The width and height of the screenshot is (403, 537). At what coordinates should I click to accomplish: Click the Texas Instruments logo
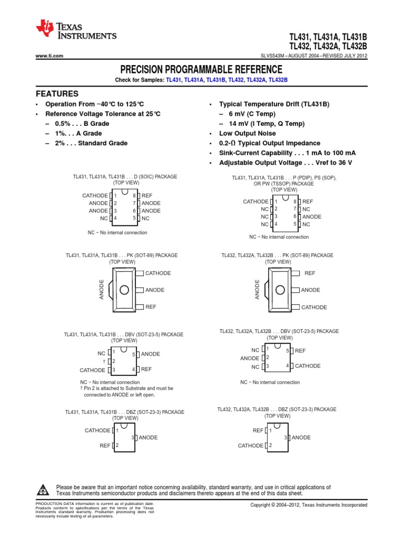point(76,31)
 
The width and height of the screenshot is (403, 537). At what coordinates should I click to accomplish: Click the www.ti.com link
point(49,56)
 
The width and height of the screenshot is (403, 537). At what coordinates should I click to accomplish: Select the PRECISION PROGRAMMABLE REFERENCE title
point(201,70)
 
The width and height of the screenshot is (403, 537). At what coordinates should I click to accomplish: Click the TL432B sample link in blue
point(278,80)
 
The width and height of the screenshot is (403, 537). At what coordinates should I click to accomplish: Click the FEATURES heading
point(57,94)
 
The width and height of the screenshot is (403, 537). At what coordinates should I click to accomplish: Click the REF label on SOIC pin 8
point(147,195)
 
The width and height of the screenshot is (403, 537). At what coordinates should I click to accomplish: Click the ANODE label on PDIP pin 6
point(312,217)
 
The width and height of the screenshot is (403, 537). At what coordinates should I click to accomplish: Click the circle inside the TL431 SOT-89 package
point(124,290)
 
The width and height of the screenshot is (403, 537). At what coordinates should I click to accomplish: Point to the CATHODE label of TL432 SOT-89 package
point(314,307)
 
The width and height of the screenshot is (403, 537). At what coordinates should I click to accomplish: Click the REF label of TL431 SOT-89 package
point(151,307)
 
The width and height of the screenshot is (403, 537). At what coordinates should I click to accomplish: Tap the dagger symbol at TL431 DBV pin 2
point(105,361)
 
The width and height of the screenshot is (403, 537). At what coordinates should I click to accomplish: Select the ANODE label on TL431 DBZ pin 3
point(148,437)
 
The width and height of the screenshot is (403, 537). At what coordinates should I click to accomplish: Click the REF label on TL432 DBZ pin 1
point(258,430)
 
